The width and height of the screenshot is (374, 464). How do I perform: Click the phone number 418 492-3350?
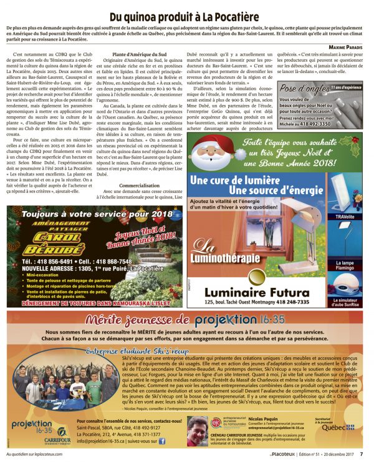point(324,124)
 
